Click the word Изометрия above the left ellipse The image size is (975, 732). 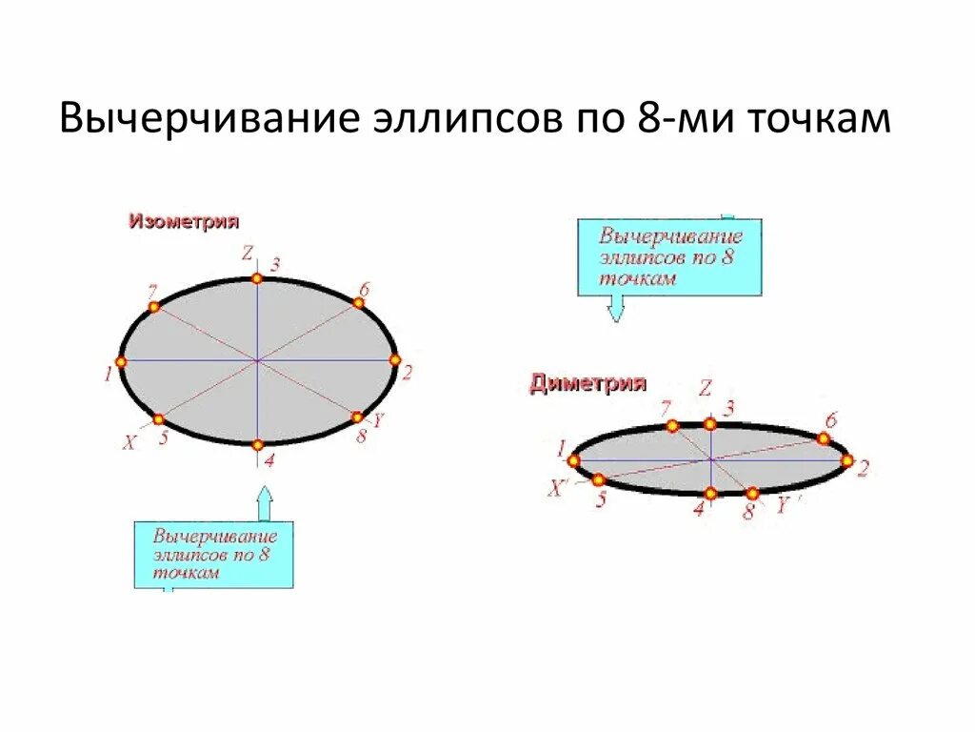click(184, 221)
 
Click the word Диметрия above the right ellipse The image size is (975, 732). click(587, 384)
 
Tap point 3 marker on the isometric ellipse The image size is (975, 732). click(256, 278)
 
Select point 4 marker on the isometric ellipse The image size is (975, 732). click(257, 444)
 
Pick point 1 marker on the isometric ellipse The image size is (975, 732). click(121, 362)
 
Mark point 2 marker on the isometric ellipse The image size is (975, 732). click(394, 359)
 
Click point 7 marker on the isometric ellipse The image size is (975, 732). click(154, 307)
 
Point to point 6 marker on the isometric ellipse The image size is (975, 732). click(359, 303)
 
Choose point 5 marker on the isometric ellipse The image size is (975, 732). click(159, 418)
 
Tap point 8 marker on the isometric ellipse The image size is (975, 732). click(357, 417)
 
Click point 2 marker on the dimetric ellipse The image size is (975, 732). click(846, 460)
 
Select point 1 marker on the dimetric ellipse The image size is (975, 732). click(573, 460)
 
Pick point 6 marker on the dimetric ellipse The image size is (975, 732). click(824, 438)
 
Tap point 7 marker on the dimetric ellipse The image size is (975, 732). click(672, 426)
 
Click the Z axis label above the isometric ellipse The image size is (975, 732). click(247, 254)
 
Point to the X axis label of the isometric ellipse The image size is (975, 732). click(129, 442)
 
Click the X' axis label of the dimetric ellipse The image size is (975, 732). click(557, 489)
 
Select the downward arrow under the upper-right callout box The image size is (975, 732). click(616, 307)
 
